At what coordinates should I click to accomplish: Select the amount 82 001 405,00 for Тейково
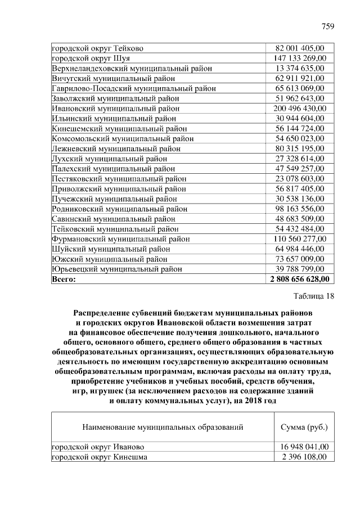point(299,48)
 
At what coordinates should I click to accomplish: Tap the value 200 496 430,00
point(299,109)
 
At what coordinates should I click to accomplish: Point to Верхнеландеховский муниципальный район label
point(132,68)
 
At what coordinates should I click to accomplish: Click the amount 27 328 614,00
point(299,159)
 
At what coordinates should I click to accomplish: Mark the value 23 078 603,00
point(299,179)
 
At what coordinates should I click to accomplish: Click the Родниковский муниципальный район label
point(119,209)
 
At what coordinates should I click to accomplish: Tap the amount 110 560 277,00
point(299,239)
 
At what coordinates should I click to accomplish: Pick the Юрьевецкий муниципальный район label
point(117,269)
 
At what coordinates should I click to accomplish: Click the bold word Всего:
point(64,279)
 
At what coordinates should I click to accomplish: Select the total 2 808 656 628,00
point(299,279)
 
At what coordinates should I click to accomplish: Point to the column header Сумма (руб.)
point(304,427)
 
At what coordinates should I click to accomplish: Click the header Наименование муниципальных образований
point(163,427)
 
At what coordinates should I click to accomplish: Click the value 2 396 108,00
point(304,457)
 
